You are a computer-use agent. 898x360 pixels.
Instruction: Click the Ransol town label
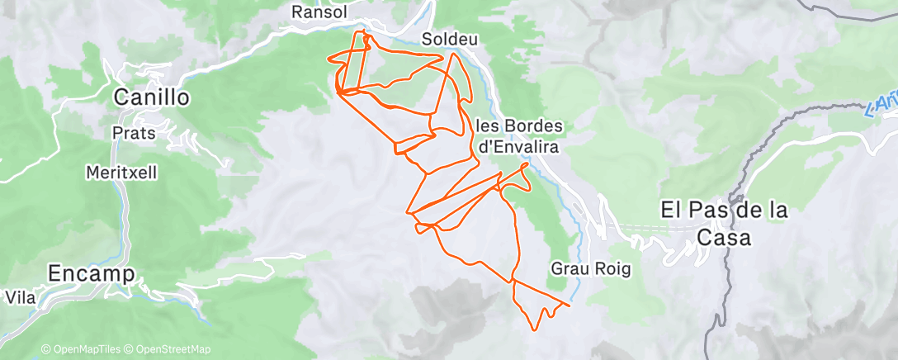[x=320, y=12]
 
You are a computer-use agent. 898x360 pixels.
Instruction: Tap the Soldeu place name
[x=450, y=39]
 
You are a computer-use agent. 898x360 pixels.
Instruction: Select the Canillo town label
[x=152, y=97]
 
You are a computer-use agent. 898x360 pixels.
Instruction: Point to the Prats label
[x=130, y=132]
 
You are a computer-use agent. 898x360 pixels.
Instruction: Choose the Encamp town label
[x=91, y=273]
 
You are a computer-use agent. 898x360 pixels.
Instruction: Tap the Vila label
[x=20, y=296]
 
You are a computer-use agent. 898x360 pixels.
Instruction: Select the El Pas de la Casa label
[x=725, y=224]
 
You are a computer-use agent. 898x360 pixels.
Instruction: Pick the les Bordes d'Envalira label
[x=520, y=136]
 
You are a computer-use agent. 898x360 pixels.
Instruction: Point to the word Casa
[x=724, y=238]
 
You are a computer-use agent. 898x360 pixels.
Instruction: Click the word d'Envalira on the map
[x=520, y=146]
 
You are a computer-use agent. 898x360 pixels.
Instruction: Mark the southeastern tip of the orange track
[x=570, y=305]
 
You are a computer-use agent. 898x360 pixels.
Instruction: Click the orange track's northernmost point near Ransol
[x=363, y=31]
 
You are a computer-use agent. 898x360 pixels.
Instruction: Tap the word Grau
[x=567, y=268]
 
